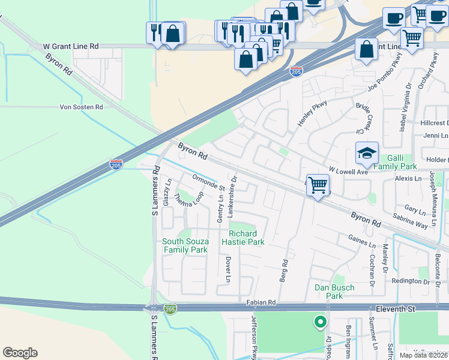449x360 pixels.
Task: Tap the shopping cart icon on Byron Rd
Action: point(317,184)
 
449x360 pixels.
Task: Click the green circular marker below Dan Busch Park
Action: point(320,322)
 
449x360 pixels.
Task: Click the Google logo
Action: point(20,353)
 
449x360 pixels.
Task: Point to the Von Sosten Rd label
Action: point(82,107)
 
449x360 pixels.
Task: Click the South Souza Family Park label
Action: point(185,245)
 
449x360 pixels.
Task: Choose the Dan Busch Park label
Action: point(334,292)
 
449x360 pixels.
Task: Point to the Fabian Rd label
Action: point(261,302)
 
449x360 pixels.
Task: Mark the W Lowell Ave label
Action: point(348,172)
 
